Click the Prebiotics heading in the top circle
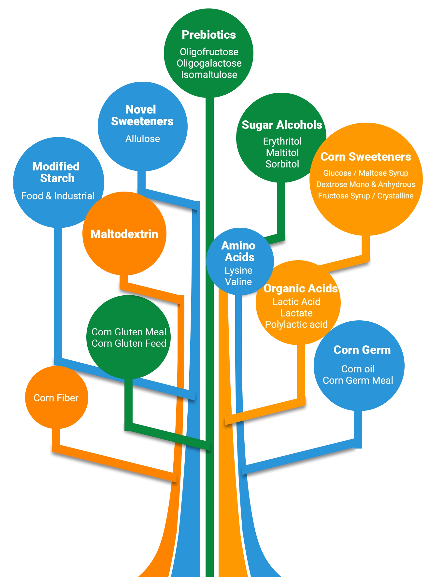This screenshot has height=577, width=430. [x=209, y=35]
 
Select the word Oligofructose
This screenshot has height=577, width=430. [x=209, y=52]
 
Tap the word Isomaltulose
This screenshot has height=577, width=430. [x=209, y=75]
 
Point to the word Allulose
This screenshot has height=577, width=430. [x=143, y=139]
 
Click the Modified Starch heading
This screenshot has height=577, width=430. [x=56, y=172]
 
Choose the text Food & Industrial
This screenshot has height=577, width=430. [x=58, y=196]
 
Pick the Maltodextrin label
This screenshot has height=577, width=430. [x=124, y=234]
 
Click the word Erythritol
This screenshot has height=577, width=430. [x=282, y=141]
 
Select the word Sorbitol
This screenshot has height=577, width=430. [x=282, y=164]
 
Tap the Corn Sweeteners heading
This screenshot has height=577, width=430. [x=366, y=157]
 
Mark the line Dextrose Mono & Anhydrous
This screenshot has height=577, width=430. [x=366, y=184]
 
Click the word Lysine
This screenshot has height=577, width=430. [x=238, y=271]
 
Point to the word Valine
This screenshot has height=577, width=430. [x=238, y=282]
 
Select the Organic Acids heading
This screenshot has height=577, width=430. [x=301, y=288]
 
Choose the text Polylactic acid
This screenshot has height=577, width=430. [x=296, y=325]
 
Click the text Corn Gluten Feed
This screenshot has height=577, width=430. [x=129, y=343]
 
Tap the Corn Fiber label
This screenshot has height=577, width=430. [x=56, y=398]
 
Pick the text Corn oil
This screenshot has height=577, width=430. [x=358, y=369]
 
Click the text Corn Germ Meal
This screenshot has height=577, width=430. [x=358, y=381]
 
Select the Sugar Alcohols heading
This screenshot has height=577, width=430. [x=282, y=125]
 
